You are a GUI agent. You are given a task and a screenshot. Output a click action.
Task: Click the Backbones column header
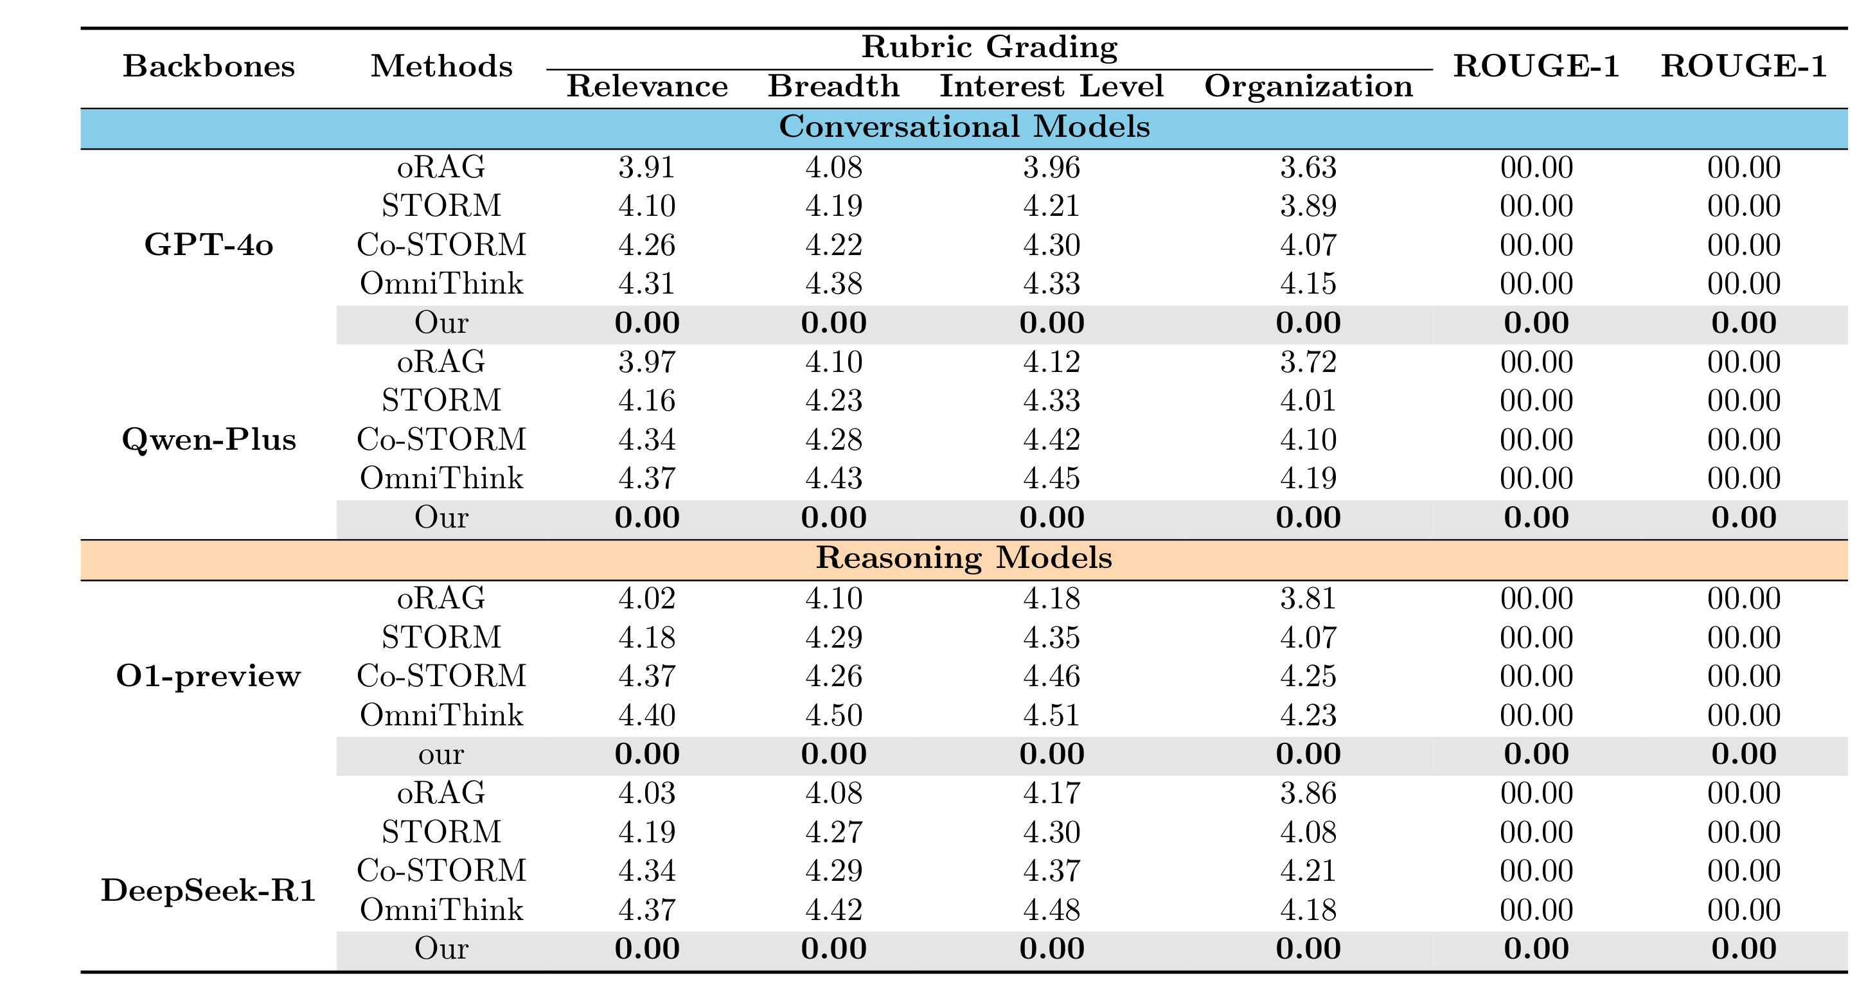click(x=208, y=66)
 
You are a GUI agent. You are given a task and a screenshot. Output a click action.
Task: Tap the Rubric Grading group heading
click(x=989, y=47)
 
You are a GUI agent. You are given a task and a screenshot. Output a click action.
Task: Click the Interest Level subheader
click(x=1051, y=86)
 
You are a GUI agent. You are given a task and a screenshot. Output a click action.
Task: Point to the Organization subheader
click(x=1308, y=86)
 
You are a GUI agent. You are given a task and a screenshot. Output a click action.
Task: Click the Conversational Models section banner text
click(x=964, y=127)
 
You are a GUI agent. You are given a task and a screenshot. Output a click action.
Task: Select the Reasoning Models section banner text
click(x=964, y=558)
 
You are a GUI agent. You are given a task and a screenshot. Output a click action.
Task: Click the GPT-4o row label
click(x=208, y=245)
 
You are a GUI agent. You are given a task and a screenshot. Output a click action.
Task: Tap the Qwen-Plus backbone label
click(x=208, y=439)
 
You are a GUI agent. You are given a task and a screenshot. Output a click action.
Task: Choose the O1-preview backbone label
click(x=208, y=677)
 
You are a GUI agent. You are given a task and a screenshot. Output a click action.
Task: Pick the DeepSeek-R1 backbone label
click(x=208, y=890)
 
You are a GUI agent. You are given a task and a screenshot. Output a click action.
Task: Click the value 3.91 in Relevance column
click(x=646, y=168)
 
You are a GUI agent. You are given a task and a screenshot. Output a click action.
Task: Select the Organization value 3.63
click(x=1308, y=168)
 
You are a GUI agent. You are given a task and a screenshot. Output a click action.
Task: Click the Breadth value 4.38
click(x=833, y=283)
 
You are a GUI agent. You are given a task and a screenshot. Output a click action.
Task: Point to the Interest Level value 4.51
click(x=1051, y=715)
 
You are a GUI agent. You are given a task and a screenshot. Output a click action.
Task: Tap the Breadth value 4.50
click(x=833, y=715)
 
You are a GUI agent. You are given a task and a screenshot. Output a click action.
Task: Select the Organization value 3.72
click(x=1308, y=362)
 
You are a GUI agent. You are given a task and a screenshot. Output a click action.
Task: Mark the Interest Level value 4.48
click(x=1051, y=910)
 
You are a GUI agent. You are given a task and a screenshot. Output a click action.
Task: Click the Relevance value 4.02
click(x=646, y=598)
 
